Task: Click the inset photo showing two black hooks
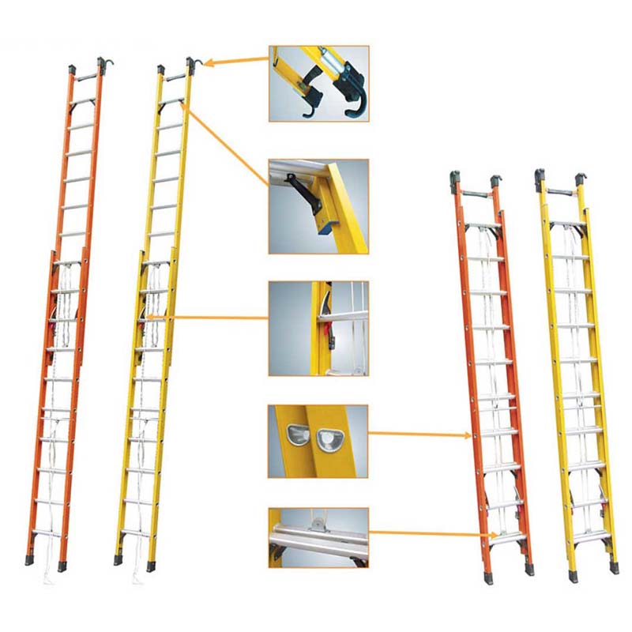[x=318, y=83]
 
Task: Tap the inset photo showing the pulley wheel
[x=318, y=536]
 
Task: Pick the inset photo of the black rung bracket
[x=318, y=206]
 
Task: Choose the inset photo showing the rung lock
[x=318, y=328]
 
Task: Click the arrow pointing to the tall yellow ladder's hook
[x=237, y=59]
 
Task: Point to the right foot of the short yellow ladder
[x=614, y=566]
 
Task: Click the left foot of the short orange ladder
[x=487, y=577]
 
